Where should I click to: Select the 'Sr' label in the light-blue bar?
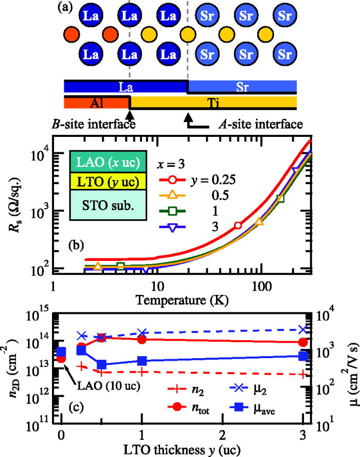[242, 87]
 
